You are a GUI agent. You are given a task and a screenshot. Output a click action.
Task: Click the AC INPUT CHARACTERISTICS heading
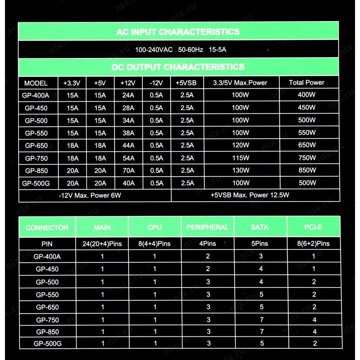178,32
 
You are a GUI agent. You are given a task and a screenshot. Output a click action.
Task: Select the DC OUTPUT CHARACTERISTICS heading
178,67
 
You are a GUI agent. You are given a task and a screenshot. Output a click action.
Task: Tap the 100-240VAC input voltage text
154,50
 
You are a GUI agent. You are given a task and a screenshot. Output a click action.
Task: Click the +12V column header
128,83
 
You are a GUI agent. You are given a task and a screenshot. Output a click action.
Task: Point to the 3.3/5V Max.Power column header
240,83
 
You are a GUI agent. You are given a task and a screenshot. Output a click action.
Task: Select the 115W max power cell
240,158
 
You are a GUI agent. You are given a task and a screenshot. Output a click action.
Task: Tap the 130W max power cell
240,170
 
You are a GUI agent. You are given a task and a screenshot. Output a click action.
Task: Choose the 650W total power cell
307,145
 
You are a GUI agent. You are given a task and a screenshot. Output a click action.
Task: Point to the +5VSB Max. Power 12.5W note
250,195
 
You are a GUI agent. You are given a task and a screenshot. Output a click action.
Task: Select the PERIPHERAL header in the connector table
207,227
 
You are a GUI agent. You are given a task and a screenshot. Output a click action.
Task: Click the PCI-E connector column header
314,227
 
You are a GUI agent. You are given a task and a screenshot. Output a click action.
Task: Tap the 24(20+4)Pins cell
102,244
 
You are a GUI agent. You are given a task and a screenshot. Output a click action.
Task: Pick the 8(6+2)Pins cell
314,244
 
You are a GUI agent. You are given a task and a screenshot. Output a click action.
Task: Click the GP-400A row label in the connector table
47,257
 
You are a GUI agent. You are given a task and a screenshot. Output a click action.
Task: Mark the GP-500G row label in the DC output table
36,183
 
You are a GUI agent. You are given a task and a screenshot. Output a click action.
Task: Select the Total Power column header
307,82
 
